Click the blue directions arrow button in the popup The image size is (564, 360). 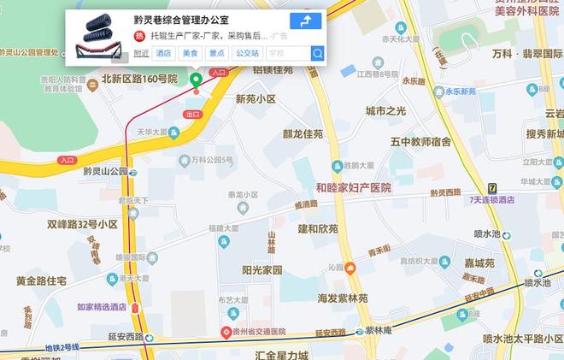click(x=306, y=21)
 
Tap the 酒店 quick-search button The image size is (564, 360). click(x=163, y=53)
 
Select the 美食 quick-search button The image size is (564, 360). click(x=190, y=53)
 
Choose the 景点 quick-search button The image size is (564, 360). click(x=217, y=53)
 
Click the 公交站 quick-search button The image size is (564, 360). click(x=247, y=53)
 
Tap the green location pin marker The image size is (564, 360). click(x=196, y=81)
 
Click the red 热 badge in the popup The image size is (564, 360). click(x=139, y=36)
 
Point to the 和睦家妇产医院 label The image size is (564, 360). click(x=353, y=187)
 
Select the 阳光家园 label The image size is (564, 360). click(x=261, y=270)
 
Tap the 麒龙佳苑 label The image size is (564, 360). click(x=303, y=134)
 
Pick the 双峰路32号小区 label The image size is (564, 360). click(x=82, y=224)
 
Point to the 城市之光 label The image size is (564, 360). click(x=385, y=111)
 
